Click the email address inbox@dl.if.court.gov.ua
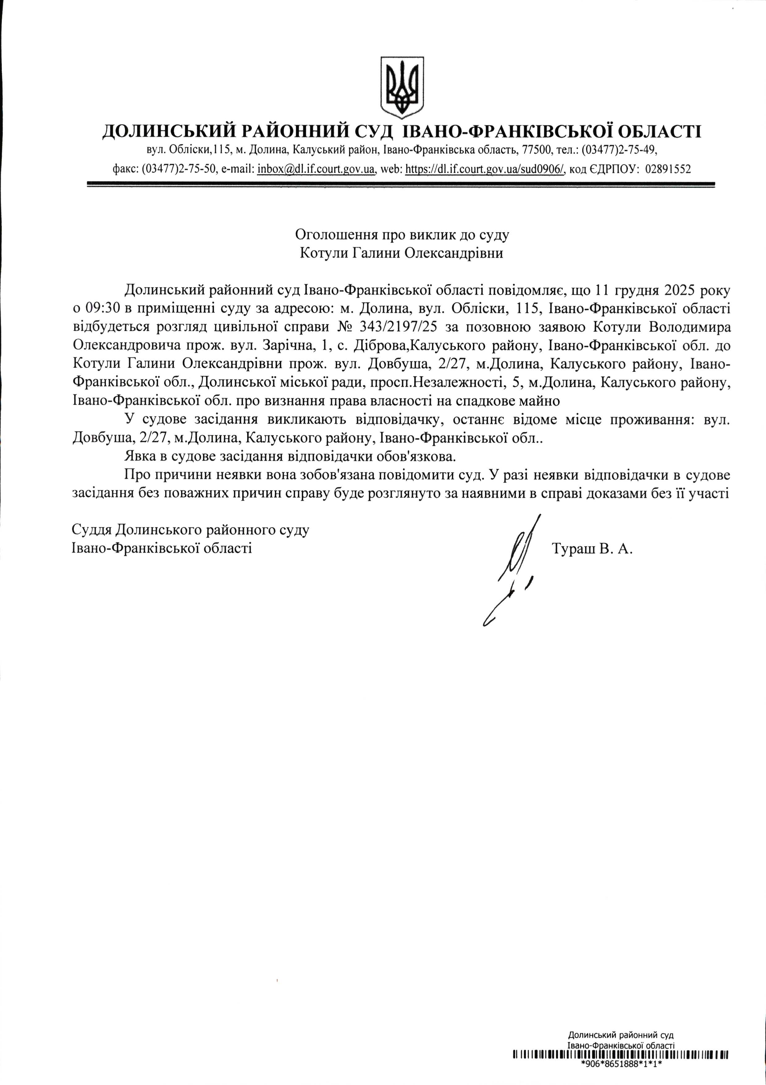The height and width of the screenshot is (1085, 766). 316,169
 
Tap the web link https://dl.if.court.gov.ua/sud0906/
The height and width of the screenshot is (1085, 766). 485,169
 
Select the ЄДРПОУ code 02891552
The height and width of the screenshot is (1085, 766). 667,169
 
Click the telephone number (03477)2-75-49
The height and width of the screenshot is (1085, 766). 619,150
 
